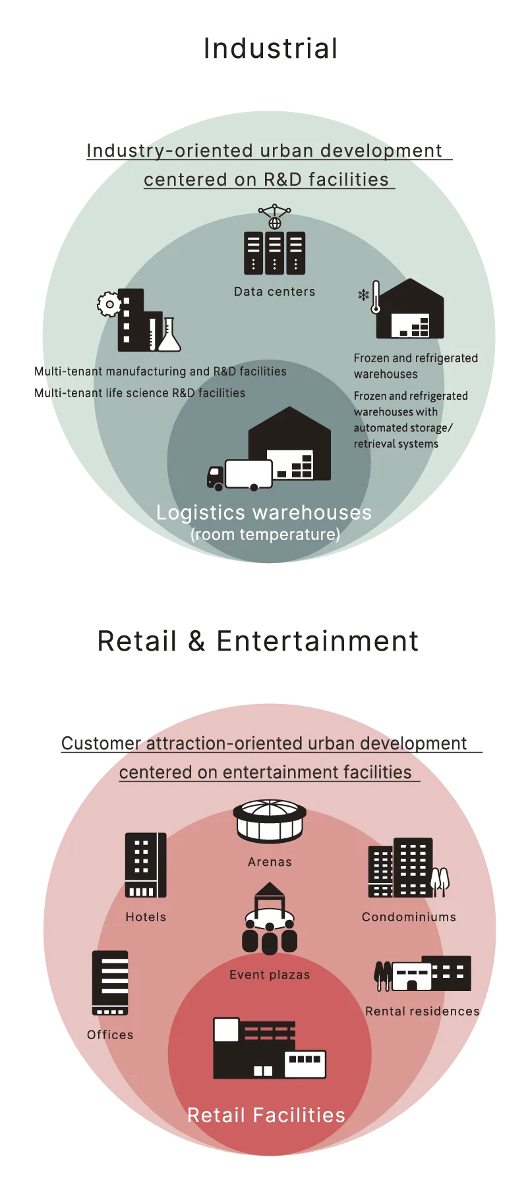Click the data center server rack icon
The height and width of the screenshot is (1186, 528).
[274, 252]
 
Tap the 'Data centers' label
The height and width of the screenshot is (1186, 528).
[274, 292]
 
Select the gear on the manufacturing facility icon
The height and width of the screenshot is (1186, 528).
[109, 304]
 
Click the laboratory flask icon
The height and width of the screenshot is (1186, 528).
[169, 335]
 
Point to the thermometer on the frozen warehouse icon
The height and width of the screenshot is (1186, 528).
[376, 298]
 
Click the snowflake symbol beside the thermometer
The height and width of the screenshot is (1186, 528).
[363, 294]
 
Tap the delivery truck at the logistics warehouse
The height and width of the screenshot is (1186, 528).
[239, 475]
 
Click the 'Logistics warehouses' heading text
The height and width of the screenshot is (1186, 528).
[264, 512]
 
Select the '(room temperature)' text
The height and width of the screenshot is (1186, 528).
[265, 534]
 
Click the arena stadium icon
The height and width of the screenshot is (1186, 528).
[270, 821]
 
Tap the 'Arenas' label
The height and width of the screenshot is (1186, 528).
[270, 862]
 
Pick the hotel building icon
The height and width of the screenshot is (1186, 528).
[146, 865]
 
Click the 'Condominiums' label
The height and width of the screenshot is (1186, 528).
[409, 917]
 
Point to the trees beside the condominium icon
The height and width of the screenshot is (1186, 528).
[440, 880]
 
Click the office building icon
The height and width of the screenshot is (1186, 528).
[110, 983]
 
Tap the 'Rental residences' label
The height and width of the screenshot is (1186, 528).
[423, 1011]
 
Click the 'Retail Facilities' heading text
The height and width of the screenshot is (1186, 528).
[266, 1115]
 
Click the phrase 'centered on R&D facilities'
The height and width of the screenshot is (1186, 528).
[266, 180]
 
